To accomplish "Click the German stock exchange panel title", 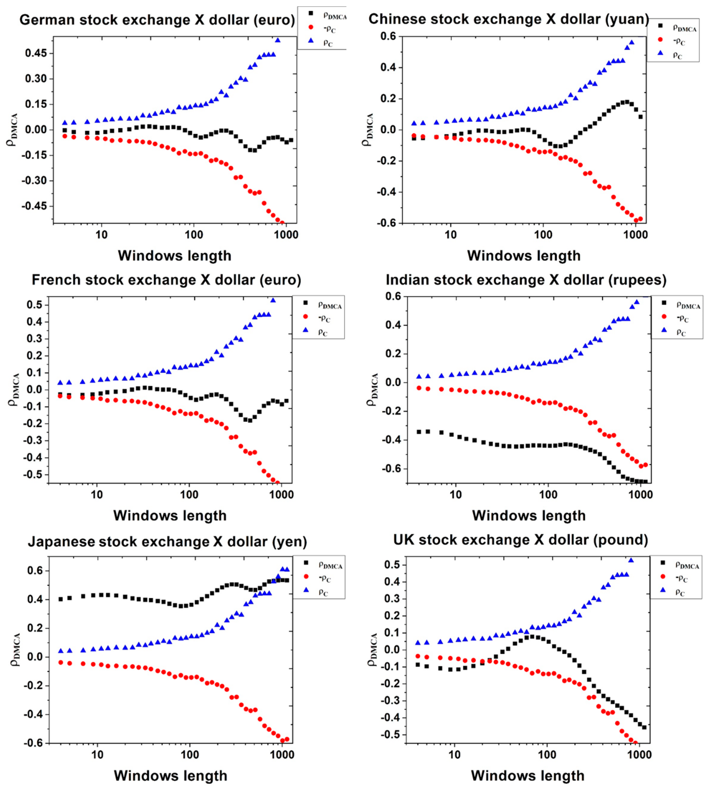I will pos(157,20).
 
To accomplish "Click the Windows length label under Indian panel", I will pos(529,516).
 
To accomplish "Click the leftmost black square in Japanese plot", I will pos(61,599).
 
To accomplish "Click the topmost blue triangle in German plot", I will pos(278,40).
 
